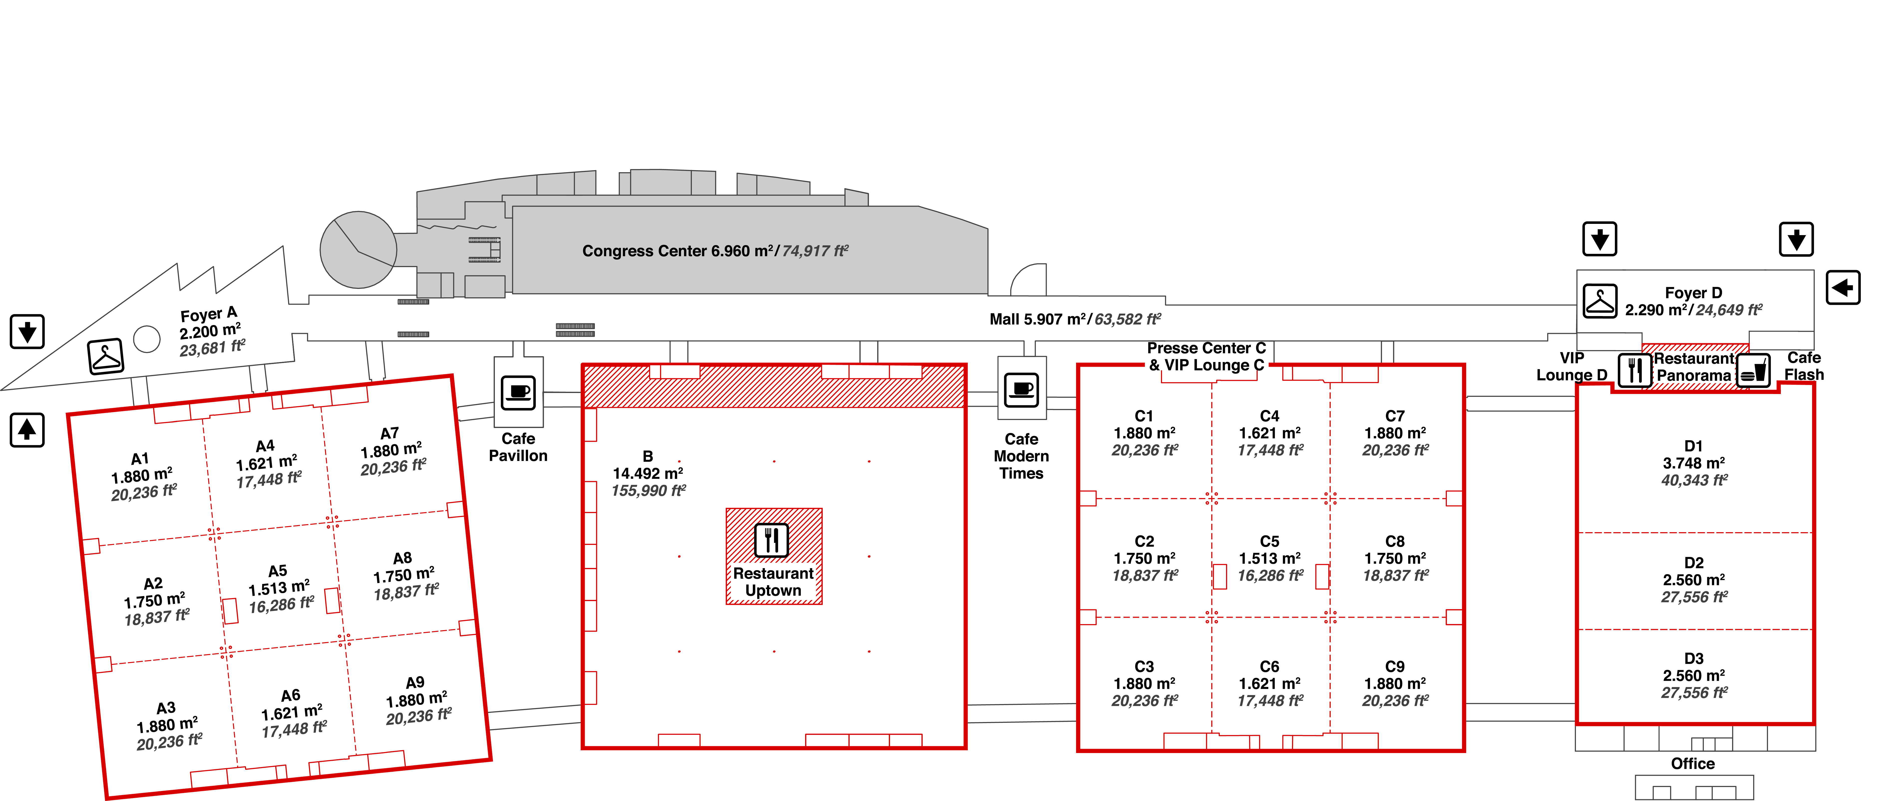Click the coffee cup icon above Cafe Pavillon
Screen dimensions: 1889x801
[519, 393]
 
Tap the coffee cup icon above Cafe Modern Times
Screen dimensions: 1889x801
[1021, 390]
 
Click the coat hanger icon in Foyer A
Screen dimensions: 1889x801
[106, 357]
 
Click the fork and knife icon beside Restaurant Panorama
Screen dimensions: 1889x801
[1635, 371]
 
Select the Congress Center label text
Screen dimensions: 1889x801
[715, 251]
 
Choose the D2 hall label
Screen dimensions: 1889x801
[1694, 563]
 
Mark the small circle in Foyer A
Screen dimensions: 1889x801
[147, 339]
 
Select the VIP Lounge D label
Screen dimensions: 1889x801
[1571, 366]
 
